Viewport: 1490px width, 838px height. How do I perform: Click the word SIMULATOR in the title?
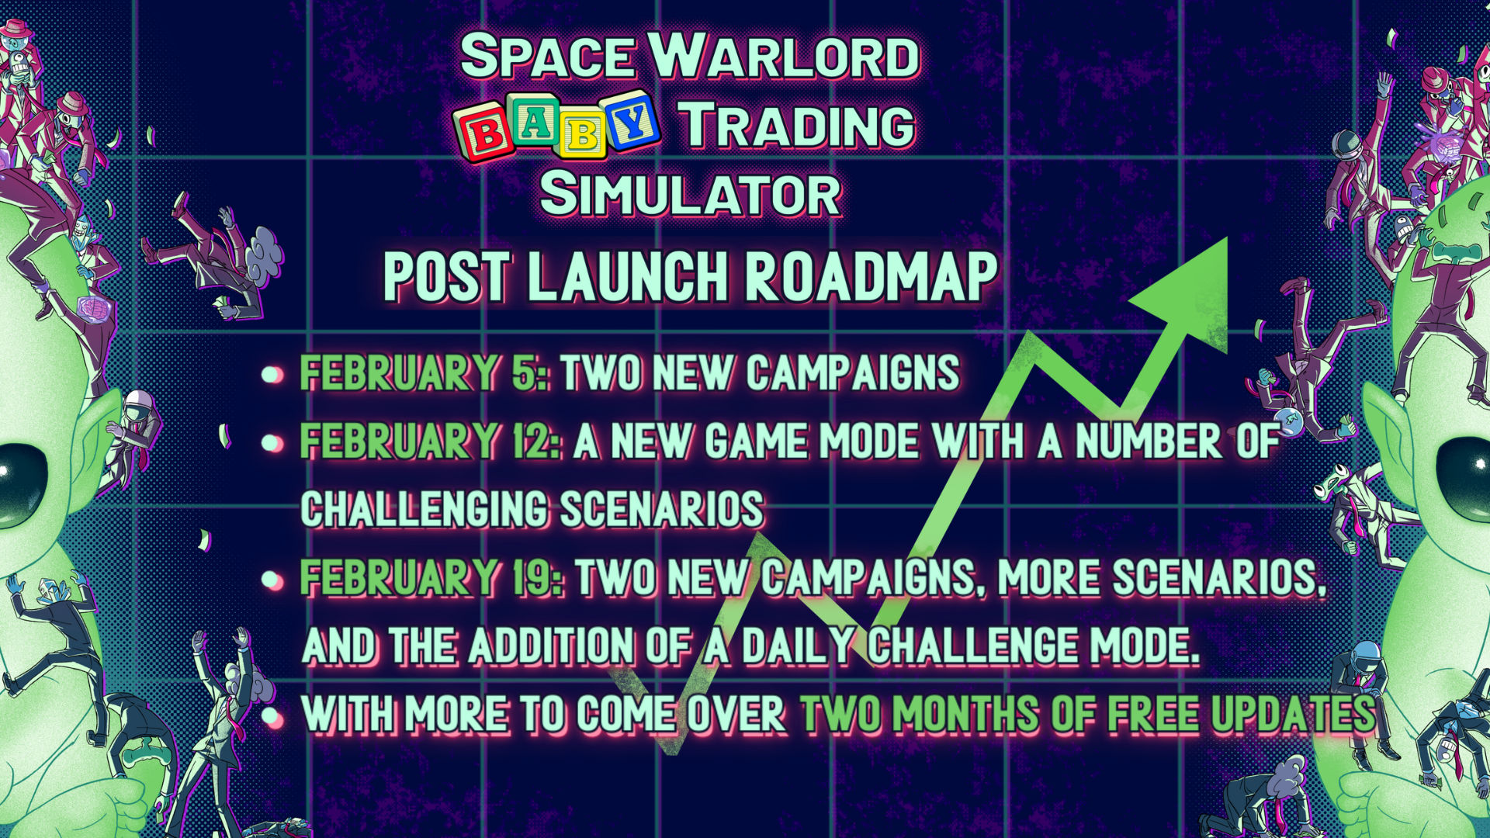[x=691, y=194]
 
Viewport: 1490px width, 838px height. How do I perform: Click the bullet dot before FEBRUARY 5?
[x=272, y=376]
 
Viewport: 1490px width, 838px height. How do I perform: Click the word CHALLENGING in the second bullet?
[x=425, y=510]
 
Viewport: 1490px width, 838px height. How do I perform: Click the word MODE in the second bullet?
[x=869, y=442]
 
